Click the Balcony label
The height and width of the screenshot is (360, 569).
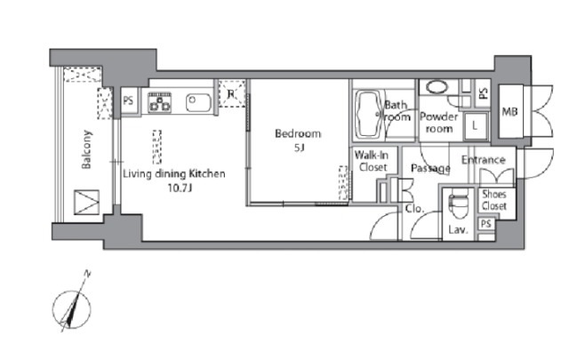click(86, 149)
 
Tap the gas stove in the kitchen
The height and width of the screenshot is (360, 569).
click(160, 102)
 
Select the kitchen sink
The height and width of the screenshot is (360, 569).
click(198, 103)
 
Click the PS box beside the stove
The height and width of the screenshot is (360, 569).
click(129, 100)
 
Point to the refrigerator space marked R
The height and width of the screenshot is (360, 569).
click(232, 93)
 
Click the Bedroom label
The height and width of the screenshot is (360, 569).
click(298, 134)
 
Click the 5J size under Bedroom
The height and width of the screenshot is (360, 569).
click(299, 148)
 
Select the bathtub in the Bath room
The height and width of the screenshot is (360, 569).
click(369, 115)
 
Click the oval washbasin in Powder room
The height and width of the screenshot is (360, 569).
click(437, 87)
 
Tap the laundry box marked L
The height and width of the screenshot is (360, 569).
click(475, 126)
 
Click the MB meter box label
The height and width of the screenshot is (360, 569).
click(509, 112)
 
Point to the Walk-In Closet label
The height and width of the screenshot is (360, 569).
click(372, 161)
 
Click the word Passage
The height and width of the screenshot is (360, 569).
click(430, 168)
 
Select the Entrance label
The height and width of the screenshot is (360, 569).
click(484, 160)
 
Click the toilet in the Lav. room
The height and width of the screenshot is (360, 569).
click(458, 205)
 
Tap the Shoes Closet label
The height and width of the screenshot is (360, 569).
click(494, 200)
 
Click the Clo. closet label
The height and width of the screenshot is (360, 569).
click(414, 209)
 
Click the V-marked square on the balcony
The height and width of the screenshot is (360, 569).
click(87, 202)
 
